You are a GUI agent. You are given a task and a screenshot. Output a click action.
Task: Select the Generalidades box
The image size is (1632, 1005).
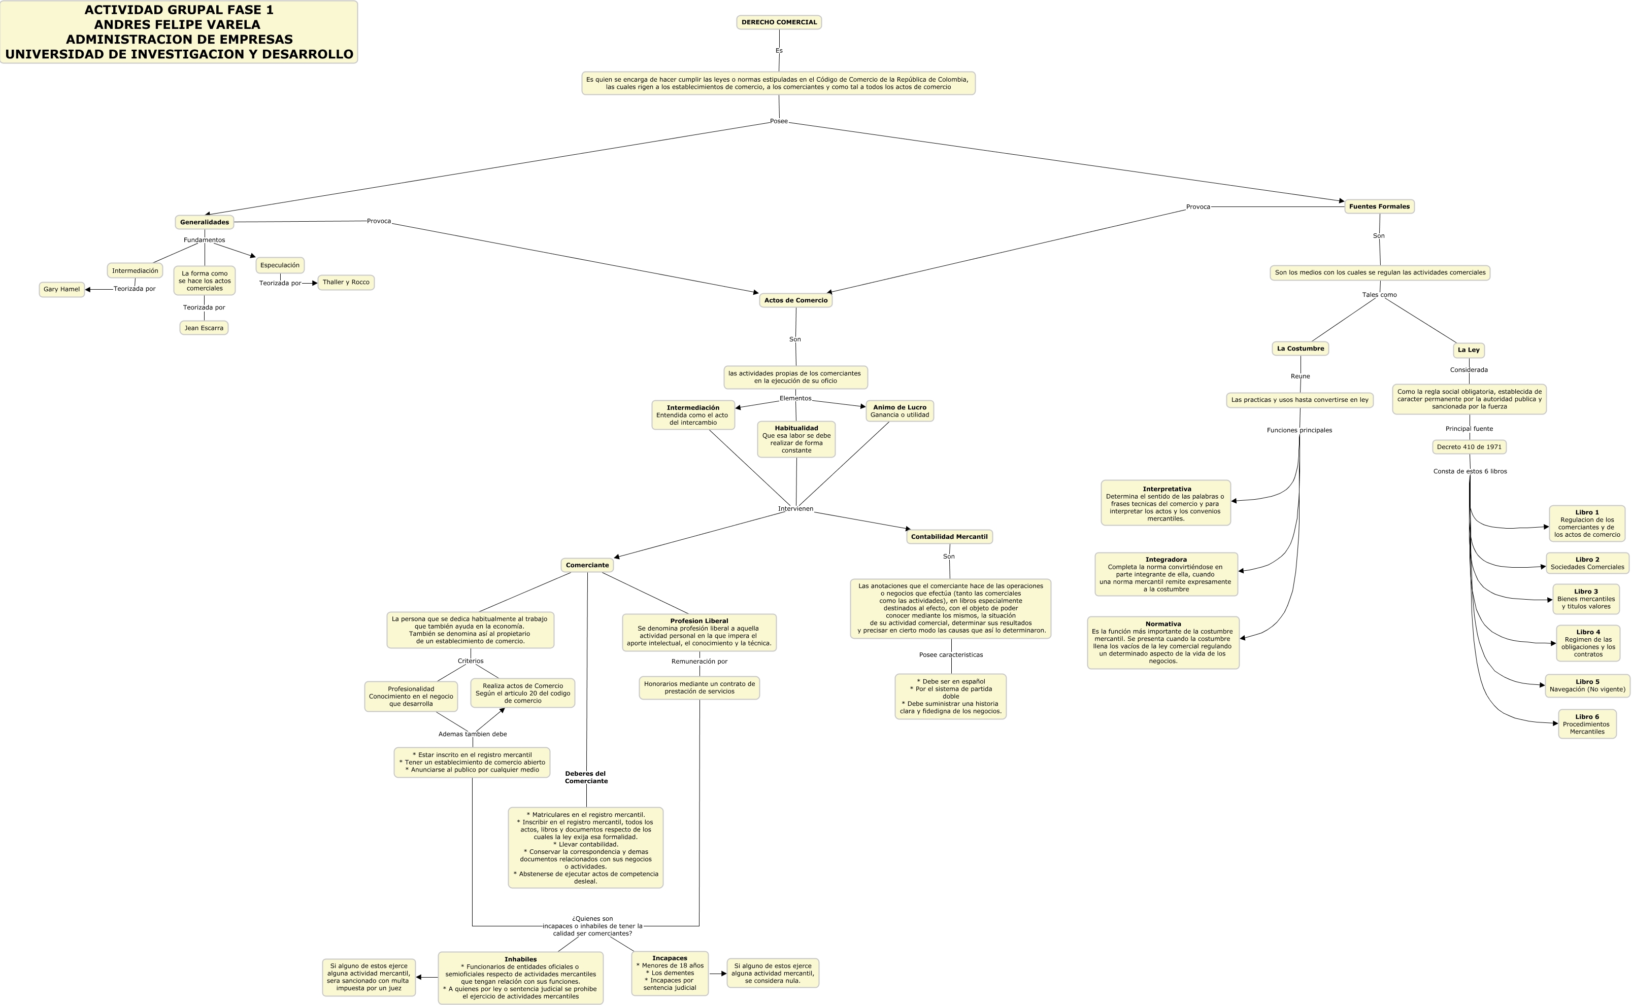(204, 222)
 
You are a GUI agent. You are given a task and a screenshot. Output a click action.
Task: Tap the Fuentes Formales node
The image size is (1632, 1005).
(1379, 206)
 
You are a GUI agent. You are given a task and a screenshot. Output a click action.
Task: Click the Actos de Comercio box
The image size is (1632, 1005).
(795, 300)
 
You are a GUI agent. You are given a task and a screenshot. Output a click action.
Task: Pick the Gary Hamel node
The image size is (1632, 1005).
(62, 289)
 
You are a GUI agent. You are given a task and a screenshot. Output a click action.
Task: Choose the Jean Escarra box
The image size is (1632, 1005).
(204, 328)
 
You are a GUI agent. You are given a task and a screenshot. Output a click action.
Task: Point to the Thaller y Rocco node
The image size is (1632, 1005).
(346, 283)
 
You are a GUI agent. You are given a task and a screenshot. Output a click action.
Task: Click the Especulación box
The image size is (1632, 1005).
(280, 265)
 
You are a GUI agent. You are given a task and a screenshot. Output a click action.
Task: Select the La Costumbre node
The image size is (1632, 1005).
(1300, 349)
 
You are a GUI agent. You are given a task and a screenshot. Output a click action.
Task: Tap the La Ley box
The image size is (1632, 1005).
(1469, 350)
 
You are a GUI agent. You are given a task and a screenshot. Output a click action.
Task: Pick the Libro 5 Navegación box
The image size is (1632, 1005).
(1587, 686)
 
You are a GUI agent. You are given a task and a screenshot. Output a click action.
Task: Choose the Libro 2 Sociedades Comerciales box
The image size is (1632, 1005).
(1587, 564)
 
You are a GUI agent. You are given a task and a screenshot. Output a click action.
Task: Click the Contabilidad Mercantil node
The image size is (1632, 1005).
(949, 537)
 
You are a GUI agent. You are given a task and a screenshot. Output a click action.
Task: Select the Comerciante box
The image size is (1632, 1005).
(587, 566)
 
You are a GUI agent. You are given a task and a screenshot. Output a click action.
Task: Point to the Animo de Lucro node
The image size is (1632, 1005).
(899, 411)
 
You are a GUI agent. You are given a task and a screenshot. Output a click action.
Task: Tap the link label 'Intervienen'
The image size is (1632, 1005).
(795, 509)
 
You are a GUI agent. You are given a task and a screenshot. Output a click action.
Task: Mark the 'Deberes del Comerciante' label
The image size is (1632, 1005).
(586, 778)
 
